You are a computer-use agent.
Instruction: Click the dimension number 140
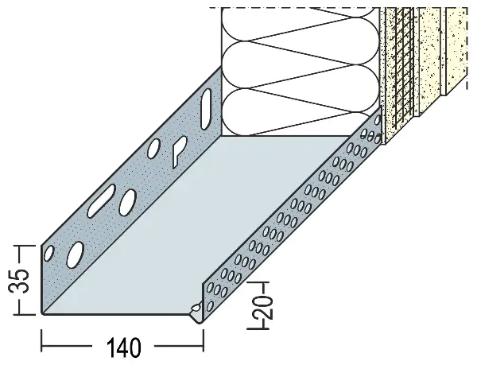(x=123, y=347)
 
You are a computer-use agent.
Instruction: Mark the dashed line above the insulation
(x=294, y=8)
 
